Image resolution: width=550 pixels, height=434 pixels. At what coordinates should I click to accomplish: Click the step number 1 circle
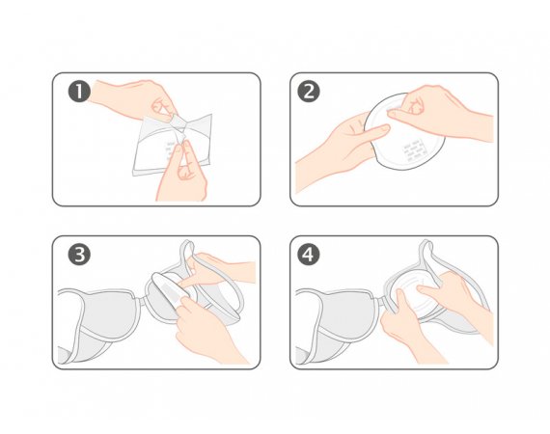(x=79, y=92)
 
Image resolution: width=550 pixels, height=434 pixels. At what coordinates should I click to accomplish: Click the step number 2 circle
(x=309, y=92)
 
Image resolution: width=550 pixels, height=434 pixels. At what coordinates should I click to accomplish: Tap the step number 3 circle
(x=79, y=255)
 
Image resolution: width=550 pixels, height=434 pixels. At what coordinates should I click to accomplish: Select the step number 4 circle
(x=309, y=255)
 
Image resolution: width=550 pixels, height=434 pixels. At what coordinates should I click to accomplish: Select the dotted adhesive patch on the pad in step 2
(x=415, y=150)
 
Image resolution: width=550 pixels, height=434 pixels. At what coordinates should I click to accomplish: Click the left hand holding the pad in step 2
(x=337, y=150)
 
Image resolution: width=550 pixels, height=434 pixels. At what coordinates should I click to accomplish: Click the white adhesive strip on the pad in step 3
(x=169, y=293)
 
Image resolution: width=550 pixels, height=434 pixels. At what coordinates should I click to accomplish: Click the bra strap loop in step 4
(x=428, y=255)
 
